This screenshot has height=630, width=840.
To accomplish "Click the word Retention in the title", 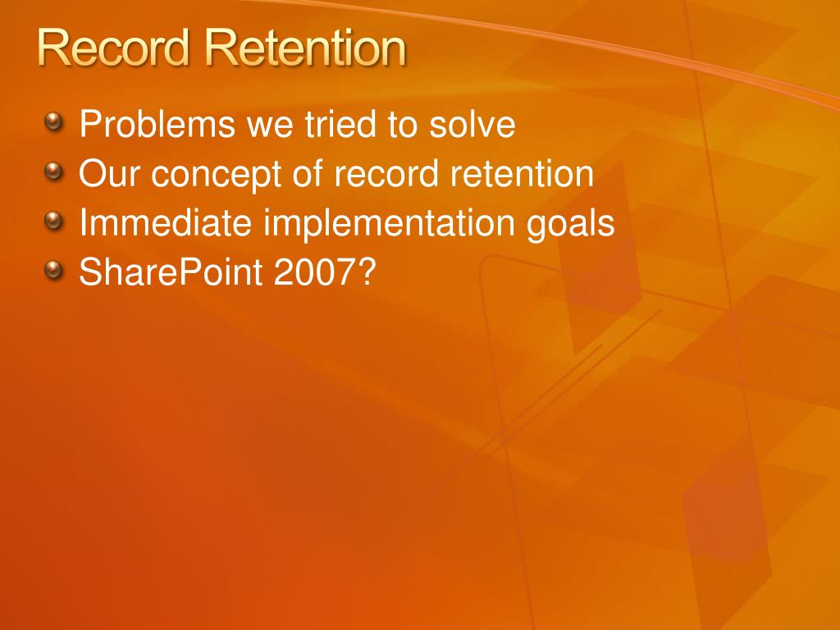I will pyautogui.click(x=305, y=49).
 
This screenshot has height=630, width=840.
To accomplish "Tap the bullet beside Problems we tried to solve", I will pyautogui.click(x=54, y=124).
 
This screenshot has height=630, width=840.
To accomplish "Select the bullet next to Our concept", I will pyautogui.click(x=54, y=173).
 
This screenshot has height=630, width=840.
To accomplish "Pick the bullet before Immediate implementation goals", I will pyautogui.click(x=54, y=221).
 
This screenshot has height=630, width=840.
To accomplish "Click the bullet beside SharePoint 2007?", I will pyautogui.click(x=54, y=271).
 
